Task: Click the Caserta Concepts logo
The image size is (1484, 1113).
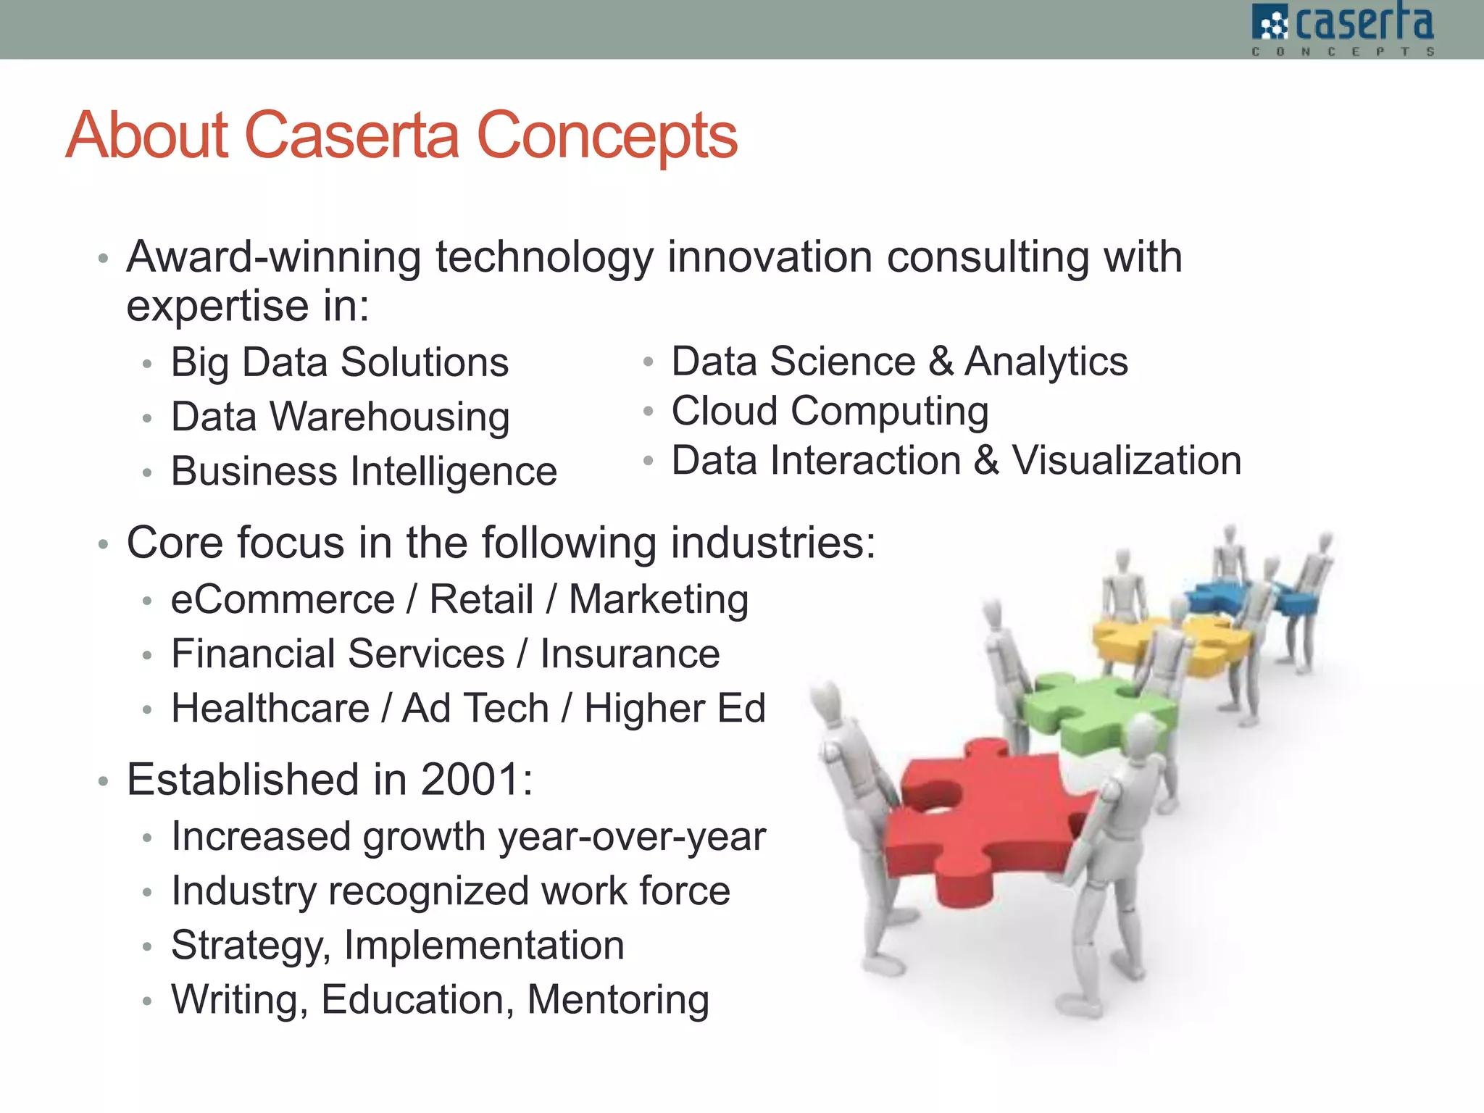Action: (1343, 29)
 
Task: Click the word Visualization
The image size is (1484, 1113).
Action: (1126, 461)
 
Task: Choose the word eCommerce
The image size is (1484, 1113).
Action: (283, 600)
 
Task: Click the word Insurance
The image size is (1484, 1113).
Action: (630, 654)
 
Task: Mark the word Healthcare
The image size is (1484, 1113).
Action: (270, 709)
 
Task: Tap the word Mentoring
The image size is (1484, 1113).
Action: (617, 1000)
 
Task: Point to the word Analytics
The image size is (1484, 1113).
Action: (1046, 362)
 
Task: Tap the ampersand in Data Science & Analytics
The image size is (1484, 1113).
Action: (941, 362)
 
